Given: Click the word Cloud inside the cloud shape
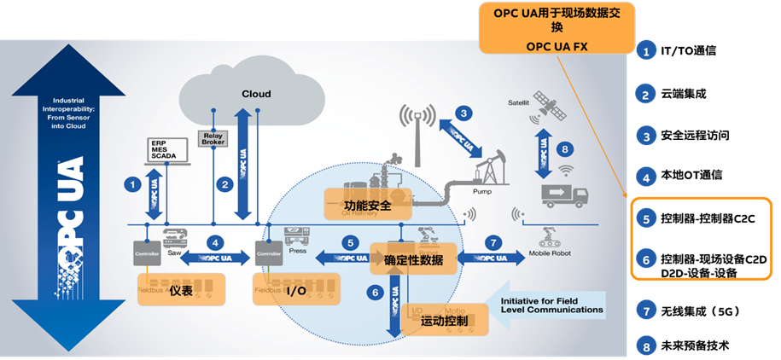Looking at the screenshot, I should (x=255, y=94).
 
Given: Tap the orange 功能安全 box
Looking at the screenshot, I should (x=368, y=205).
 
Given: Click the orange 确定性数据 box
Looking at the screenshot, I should (x=411, y=258).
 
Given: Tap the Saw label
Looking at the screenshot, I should (x=175, y=253).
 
